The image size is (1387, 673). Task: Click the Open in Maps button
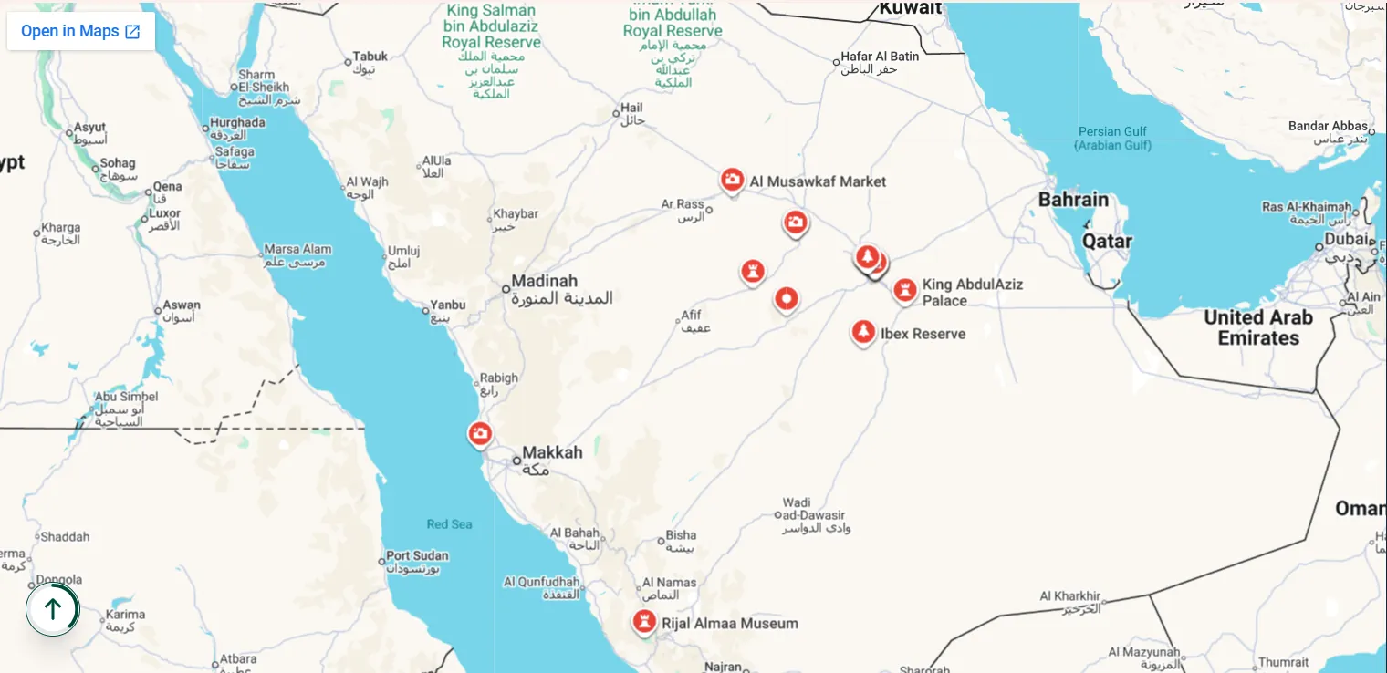click(x=80, y=31)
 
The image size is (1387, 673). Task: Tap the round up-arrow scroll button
click(x=53, y=609)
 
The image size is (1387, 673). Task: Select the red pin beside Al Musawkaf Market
click(x=732, y=180)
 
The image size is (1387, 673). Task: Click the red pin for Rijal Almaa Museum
click(x=644, y=622)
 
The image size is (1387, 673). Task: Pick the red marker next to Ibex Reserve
click(x=862, y=332)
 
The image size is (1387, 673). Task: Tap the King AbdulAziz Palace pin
click(x=904, y=291)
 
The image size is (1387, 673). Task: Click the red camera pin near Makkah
click(x=480, y=433)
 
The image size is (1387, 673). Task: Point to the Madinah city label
click(x=545, y=281)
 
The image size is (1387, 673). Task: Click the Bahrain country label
click(x=1073, y=200)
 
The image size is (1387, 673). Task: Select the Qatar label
click(x=1106, y=242)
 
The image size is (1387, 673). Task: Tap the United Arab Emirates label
click(x=1257, y=327)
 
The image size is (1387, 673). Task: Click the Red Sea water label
click(x=449, y=524)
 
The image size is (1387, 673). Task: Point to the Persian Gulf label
click(x=1112, y=138)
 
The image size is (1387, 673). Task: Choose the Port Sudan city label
click(x=417, y=555)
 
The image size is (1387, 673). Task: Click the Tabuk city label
click(x=370, y=57)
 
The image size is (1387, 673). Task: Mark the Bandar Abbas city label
click(x=1328, y=126)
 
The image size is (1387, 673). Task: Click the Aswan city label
click(x=181, y=305)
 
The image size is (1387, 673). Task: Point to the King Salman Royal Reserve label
click(x=491, y=27)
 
